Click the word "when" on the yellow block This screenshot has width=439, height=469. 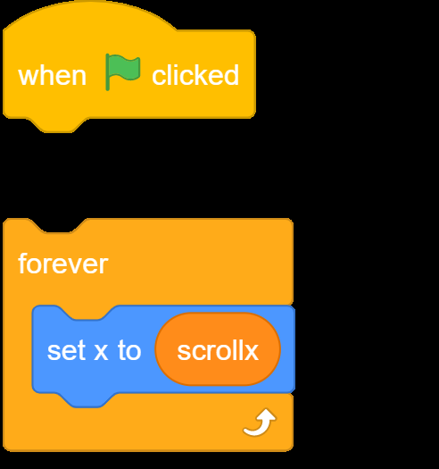point(53,76)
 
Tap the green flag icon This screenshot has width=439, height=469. point(122,71)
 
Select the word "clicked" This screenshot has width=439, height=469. point(195,75)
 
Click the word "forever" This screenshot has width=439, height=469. point(63,264)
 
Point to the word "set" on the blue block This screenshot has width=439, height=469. point(66,350)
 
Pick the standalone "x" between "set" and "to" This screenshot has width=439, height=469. point(101,352)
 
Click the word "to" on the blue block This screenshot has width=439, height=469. point(129,350)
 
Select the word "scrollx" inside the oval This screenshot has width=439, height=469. point(218,350)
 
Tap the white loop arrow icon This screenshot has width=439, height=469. point(260,423)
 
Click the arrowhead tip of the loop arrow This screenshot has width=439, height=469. point(266,409)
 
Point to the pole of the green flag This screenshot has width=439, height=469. point(108,72)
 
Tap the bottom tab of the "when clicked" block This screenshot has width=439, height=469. point(57,125)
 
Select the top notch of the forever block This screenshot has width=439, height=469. point(57,226)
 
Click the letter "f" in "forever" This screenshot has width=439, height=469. point(22,264)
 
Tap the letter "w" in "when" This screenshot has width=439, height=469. point(28,77)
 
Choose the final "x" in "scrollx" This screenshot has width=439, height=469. point(251,352)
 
